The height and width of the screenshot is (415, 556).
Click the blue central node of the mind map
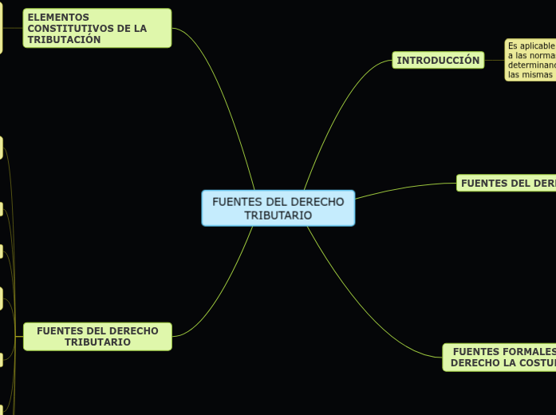pyautogui.click(x=278, y=208)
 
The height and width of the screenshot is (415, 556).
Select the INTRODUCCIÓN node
pyautogui.click(x=438, y=61)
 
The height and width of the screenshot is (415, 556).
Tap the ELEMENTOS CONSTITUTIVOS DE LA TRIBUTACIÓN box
pyautogui.click(x=97, y=28)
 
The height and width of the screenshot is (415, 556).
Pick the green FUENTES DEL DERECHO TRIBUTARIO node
pyautogui.click(x=97, y=336)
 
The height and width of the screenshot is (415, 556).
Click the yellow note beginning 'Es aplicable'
pyautogui.click(x=530, y=60)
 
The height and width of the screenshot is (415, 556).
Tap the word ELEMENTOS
pyautogui.click(x=58, y=17)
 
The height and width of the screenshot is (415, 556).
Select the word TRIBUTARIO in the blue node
pyautogui.click(x=278, y=215)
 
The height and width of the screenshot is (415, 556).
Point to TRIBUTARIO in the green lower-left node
pyautogui.click(x=97, y=342)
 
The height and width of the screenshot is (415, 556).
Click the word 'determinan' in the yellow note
pyautogui.click(x=530, y=65)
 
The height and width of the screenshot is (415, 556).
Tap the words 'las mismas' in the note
pyautogui.click(x=530, y=74)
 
